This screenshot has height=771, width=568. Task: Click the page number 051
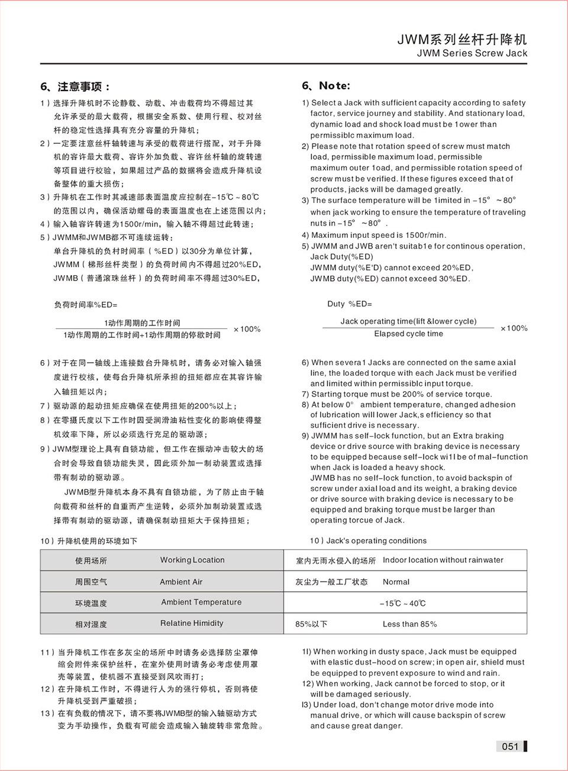click(x=509, y=746)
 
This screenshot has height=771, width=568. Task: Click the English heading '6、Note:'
click(x=326, y=86)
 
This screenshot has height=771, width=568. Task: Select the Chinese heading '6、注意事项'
click(x=75, y=87)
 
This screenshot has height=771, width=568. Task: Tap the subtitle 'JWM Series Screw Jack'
click(x=472, y=53)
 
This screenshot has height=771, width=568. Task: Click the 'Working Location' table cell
click(x=192, y=560)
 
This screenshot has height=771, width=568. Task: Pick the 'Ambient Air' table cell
click(x=181, y=582)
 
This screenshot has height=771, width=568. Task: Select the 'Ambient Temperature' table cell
click(x=201, y=602)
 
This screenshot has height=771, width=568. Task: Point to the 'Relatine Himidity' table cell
click(x=192, y=623)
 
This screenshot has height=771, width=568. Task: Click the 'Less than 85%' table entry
click(x=409, y=624)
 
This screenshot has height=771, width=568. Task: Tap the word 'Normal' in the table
click(x=396, y=582)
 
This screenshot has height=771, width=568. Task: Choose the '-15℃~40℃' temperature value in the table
click(x=402, y=604)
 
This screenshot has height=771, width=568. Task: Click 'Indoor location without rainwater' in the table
click(x=443, y=560)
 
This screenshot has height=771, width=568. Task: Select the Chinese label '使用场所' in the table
click(x=91, y=560)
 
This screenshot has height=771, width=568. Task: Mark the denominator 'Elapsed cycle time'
click(x=408, y=334)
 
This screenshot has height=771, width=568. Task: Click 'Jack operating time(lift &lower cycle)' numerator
click(x=408, y=321)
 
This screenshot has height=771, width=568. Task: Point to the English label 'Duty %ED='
click(x=350, y=304)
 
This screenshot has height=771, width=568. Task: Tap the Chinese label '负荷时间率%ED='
click(x=86, y=305)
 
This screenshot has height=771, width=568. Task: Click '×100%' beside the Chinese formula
click(x=247, y=329)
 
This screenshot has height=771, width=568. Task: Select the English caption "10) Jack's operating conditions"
click(x=368, y=541)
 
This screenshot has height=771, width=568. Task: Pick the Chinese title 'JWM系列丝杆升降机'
click(x=461, y=40)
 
